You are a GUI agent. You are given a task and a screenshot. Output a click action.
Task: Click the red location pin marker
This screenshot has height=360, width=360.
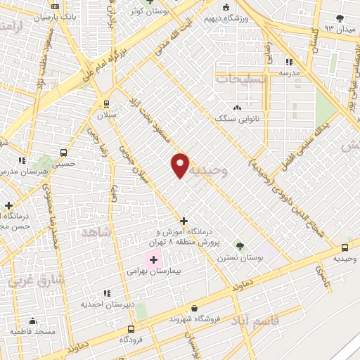pos(181,164)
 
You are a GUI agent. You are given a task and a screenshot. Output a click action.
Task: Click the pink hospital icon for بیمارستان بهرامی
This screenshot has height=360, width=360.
pos(153,260)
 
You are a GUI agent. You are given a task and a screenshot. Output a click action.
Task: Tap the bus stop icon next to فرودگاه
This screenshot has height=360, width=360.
pos(131,329)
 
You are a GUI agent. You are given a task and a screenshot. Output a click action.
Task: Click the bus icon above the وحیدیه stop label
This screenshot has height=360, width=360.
pos(345,248)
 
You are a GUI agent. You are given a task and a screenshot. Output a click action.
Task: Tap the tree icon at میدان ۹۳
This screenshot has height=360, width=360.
pos(342,18)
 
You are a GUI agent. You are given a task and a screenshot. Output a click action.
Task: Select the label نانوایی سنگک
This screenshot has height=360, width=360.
pos(237,119)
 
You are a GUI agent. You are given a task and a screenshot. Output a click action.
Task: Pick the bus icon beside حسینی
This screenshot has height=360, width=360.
pos(64,153)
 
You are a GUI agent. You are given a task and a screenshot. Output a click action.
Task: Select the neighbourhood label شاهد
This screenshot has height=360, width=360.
pos(96,233)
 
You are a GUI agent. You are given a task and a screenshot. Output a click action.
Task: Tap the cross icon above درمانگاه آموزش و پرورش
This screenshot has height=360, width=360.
pos(184,221)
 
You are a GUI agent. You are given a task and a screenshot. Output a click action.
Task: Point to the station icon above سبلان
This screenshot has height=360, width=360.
pos(107,103)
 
